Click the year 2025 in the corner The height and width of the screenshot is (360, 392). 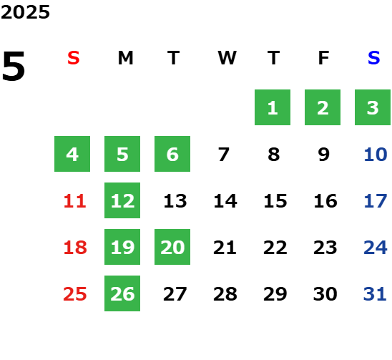coord(25,12)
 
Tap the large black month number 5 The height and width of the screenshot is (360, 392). coord(14,66)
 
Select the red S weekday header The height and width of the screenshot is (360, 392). coord(74,58)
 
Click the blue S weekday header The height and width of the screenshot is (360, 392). coord(373,58)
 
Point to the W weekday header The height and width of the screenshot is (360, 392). coord(227,58)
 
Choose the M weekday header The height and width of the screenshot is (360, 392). coord(125,58)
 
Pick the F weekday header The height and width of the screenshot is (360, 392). coord(323,58)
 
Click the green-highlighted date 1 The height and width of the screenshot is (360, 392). coord(273,107)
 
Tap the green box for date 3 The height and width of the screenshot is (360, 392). coord(373,107)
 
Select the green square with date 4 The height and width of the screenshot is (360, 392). coord(72,154)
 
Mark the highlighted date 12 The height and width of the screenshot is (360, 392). coord(122,200)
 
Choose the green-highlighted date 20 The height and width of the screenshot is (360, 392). coord(172,247)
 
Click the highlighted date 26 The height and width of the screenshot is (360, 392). coord(122,293)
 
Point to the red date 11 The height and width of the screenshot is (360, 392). coord(75,201)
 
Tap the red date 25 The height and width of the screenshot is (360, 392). coord(75,294)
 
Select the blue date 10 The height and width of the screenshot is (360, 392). coord(376,155)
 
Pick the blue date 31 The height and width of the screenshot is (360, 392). coord(375,294)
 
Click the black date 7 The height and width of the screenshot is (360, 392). coord(223,155)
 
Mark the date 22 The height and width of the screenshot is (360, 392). coord(275,248)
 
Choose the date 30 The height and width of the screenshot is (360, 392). coord(325,294)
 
